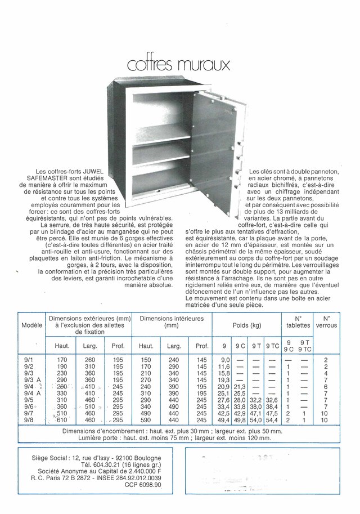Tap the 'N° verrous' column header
pyautogui.click(x=326, y=321)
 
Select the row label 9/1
pyautogui.click(x=27, y=359)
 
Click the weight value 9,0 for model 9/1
pyautogui.click(x=225, y=359)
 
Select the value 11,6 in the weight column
pyautogui.click(x=224, y=366)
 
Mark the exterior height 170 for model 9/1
pyautogui.click(x=62, y=359)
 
